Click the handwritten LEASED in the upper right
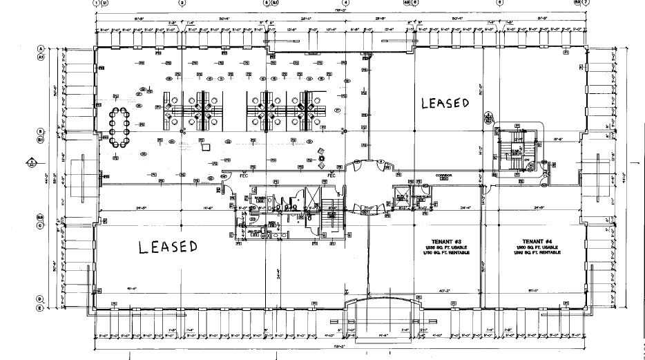click(x=445, y=103)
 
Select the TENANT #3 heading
click(x=436, y=241)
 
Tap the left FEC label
click(x=243, y=176)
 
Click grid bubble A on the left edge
click(x=41, y=48)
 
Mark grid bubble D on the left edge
click(x=41, y=299)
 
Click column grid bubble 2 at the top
click(x=182, y=3)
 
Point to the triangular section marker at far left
click(x=31, y=162)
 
